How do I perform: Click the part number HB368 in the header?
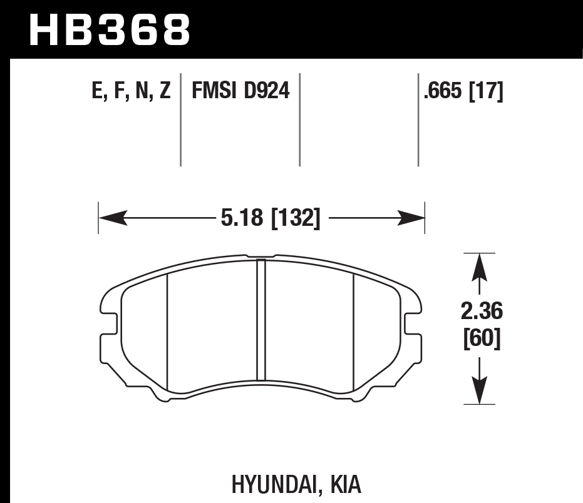(x=110, y=28)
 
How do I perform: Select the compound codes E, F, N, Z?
(x=131, y=92)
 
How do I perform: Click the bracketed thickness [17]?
(x=486, y=92)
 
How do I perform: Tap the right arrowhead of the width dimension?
(x=416, y=218)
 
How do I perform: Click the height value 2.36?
(x=480, y=311)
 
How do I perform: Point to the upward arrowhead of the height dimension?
(x=480, y=263)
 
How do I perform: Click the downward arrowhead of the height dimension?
(x=480, y=394)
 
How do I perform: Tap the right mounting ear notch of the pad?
(x=411, y=325)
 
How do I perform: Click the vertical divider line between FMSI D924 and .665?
(x=299, y=120)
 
